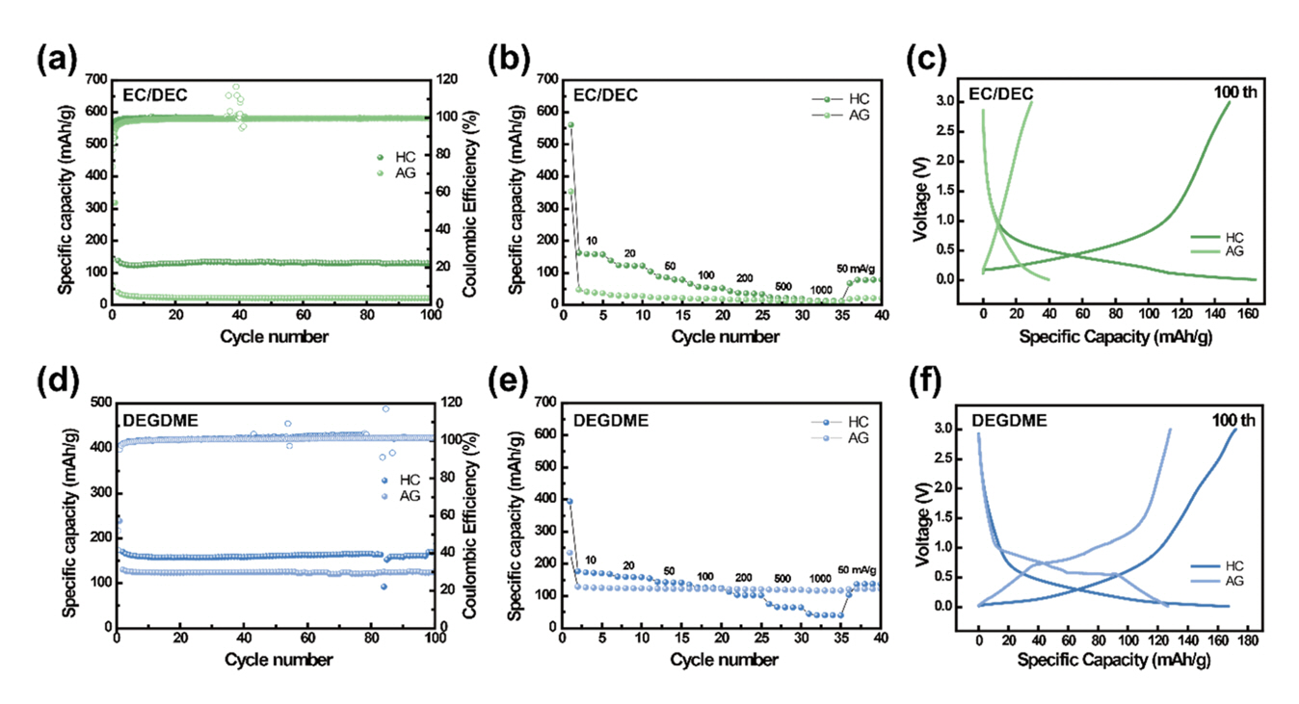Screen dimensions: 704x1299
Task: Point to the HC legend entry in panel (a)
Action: [408, 158]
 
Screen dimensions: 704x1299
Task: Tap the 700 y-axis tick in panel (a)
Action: [94, 79]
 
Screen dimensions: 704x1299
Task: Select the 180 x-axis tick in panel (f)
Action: [1234, 640]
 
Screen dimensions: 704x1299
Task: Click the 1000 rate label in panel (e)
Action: [820, 579]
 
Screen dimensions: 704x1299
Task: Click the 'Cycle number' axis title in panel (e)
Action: [725, 660]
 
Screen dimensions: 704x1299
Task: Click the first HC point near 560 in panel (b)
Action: [570, 125]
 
